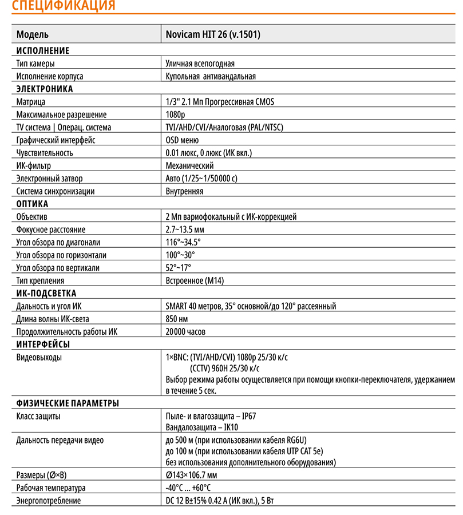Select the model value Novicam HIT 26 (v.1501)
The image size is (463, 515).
click(x=213, y=34)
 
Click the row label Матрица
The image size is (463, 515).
click(x=31, y=102)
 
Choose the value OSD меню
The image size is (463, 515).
click(x=182, y=140)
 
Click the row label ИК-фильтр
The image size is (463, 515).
click(x=34, y=166)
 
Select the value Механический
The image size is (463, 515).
click(x=190, y=166)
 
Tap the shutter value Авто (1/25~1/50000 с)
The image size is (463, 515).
click(x=201, y=179)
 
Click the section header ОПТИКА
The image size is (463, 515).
click(x=32, y=204)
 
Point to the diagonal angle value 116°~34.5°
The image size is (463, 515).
click(x=183, y=242)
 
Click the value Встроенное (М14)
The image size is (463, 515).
click(x=195, y=280)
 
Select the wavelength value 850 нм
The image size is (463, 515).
click(x=176, y=319)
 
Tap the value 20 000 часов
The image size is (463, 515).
click(x=185, y=331)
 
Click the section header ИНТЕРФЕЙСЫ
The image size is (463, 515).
click(x=43, y=344)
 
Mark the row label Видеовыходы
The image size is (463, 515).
click(x=39, y=358)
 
